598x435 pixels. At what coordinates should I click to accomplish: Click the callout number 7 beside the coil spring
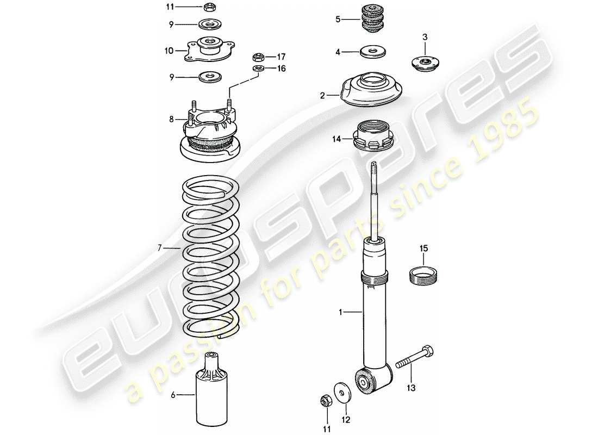[160, 248]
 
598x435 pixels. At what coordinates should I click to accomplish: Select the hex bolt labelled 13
[416, 356]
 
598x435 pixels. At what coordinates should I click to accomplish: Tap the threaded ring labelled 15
[424, 275]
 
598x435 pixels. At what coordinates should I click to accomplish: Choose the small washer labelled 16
[259, 69]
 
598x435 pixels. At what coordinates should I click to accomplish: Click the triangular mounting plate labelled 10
[208, 50]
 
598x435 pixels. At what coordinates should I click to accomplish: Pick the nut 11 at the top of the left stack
[209, 7]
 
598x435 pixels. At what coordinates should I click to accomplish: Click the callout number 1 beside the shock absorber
[340, 312]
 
